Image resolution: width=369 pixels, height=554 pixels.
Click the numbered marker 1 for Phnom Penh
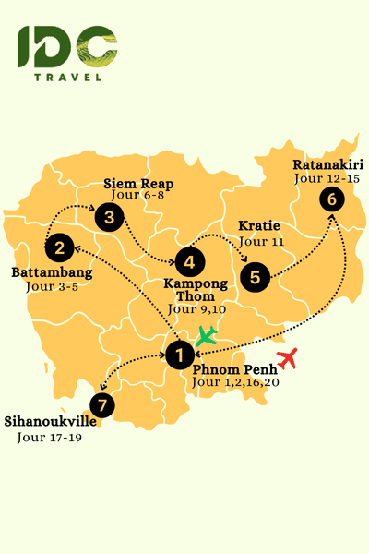pos(180,353)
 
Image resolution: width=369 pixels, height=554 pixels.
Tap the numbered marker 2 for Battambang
pos(59,247)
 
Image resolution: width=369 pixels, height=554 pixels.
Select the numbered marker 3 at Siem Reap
pos(109,218)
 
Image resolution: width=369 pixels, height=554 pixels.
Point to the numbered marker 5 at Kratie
pos(256,275)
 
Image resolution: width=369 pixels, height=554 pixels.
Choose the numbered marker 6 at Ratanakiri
pos(331,199)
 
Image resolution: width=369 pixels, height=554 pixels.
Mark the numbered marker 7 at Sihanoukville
pos(102,403)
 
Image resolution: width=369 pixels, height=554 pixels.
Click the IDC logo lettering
pos(67,47)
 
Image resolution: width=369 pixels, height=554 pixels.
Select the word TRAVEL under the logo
pos(67,78)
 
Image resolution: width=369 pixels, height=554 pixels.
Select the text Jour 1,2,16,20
pos(234,381)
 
